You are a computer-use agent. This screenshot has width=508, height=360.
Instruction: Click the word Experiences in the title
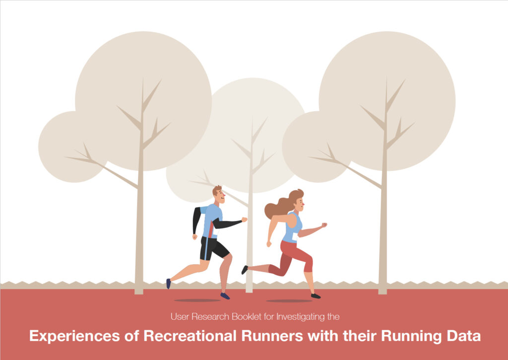[x=74, y=337]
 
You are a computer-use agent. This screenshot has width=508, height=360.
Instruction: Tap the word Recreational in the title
[x=190, y=336]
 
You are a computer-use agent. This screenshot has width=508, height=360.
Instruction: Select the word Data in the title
[x=464, y=336]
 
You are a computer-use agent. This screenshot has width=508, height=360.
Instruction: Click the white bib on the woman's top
[x=295, y=237]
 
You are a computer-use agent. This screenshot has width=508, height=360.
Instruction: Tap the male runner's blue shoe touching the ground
[x=225, y=296]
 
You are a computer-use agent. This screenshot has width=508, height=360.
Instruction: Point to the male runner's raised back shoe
[x=169, y=284]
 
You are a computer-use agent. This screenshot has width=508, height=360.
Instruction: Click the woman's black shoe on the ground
[x=316, y=296]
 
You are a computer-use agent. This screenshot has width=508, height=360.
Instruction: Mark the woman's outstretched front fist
[x=324, y=225]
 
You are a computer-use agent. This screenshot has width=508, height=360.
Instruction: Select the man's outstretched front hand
[x=244, y=219]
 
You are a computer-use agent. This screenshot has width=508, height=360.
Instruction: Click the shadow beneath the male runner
[x=197, y=300]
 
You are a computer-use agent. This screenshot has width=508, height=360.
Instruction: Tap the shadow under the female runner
[x=289, y=300]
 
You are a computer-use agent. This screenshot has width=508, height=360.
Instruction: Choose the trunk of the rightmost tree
[x=383, y=227]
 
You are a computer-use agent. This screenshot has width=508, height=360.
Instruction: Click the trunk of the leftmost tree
[x=139, y=227]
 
